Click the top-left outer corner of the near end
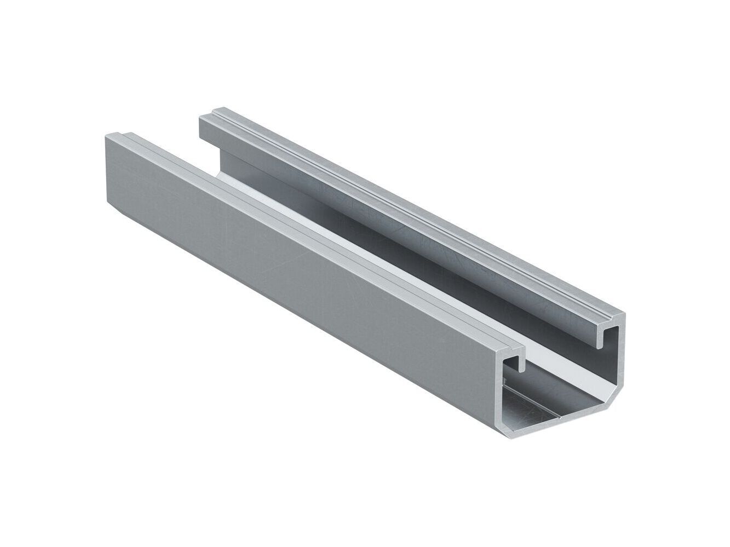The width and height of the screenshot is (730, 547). point(499,350)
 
